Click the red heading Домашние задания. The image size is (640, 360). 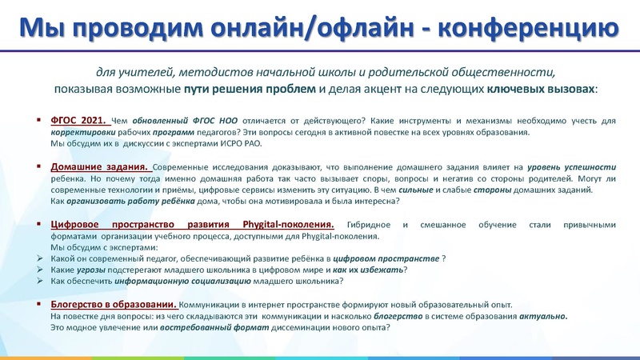(101, 166)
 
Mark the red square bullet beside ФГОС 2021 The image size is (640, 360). (39, 120)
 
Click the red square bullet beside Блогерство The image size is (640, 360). (39, 305)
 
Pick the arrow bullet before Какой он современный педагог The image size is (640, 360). (40, 258)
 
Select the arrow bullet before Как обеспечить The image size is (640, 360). (40, 282)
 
